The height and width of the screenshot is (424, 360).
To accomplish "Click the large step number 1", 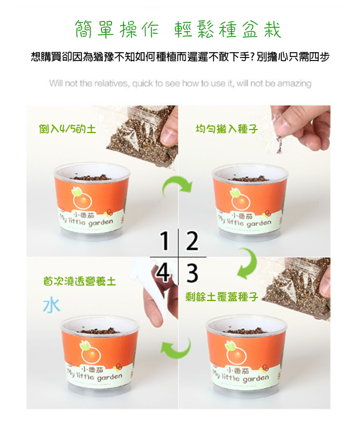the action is pos(165,240).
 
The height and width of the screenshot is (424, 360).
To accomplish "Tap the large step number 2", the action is pos(193,240).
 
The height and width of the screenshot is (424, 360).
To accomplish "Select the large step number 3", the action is pos(193,273).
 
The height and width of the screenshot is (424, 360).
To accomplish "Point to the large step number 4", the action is pos(163,272).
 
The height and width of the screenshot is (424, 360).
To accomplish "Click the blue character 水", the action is pos(52,306).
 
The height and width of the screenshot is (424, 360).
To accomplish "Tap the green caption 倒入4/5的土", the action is pos(67,129).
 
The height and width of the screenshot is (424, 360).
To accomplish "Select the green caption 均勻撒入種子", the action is pos(227,129).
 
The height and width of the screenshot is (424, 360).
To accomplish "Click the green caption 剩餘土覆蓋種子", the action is pos(221,297).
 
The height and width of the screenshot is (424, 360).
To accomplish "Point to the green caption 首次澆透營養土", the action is pos(80,281).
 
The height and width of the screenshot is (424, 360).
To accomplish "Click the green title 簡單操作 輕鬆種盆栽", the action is pos(178,29).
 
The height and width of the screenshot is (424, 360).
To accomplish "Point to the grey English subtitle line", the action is pos(180,83).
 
